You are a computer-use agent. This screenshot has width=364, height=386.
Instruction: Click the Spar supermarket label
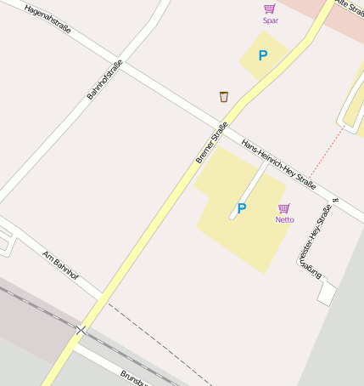(x=271, y=20)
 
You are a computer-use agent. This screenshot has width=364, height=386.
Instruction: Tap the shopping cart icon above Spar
(x=270, y=9)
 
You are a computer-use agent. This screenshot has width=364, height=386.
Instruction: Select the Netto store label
(x=285, y=219)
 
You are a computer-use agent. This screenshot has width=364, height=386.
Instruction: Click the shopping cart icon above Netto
(x=284, y=208)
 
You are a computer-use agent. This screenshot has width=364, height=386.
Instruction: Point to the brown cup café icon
(x=224, y=96)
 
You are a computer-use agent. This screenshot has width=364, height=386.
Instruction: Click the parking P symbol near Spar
(x=263, y=56)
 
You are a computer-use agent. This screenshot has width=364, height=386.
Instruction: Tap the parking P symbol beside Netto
(x=242, y=208)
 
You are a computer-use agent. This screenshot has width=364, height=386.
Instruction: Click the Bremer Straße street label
(x=211, y=143)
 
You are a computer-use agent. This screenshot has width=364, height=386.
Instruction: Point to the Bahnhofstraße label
(x=105, y=80)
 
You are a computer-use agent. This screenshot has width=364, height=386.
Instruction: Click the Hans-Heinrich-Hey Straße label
(x=278, y=164)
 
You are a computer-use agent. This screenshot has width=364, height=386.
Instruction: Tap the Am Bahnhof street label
(x=60, y=264)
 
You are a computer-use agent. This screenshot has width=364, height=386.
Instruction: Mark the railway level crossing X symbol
(x=81, y=329)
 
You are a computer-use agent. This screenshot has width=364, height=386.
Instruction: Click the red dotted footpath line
(x=328, y=150)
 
